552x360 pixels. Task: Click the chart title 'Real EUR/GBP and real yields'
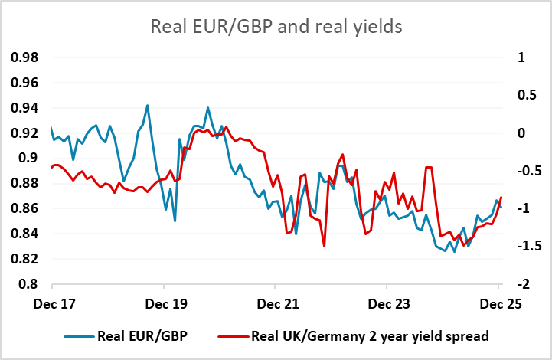pos(276,28)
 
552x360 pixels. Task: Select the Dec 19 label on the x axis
pos(166,303)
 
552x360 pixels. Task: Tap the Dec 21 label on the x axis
pos(277,303)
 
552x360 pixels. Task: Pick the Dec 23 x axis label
pos(388,303)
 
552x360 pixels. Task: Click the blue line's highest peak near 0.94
pos(147,106)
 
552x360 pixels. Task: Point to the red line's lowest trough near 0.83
pos(325,247)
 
